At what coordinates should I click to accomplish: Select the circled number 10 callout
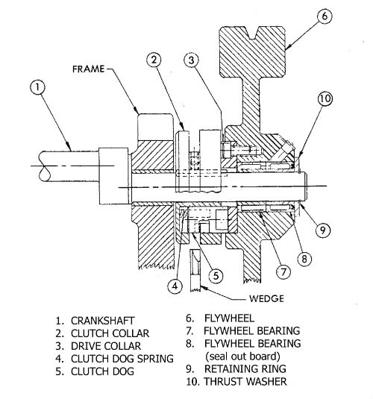tap(325, 97)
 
